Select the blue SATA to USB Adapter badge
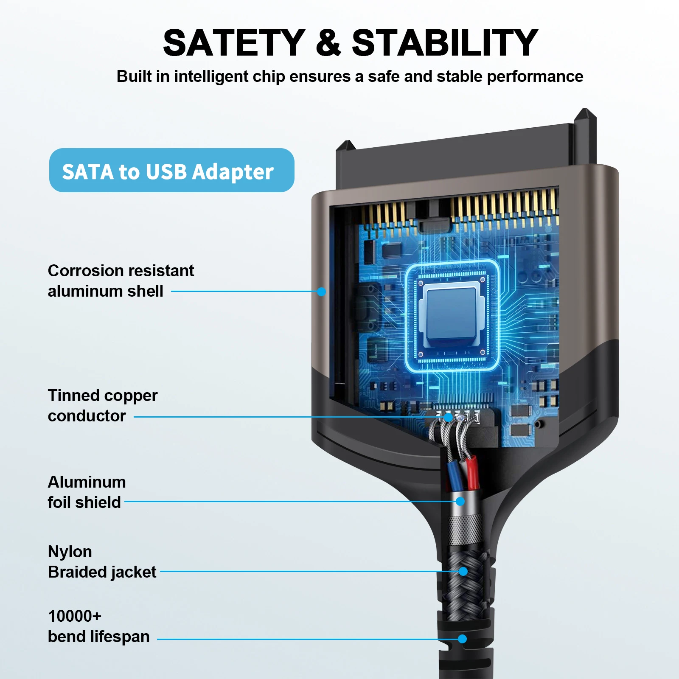click(171, 170)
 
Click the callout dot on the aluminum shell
click(321, 292)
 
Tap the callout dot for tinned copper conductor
click(448, 417)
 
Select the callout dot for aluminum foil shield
click(460, 501)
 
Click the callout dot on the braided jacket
click(463, 572)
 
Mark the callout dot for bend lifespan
click(463, 639)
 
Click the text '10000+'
click(75, 616)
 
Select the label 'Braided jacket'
click(102, 572)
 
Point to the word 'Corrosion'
click(85, 271)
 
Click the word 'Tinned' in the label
click(73, 396)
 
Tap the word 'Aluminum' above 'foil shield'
click(87, 482)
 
